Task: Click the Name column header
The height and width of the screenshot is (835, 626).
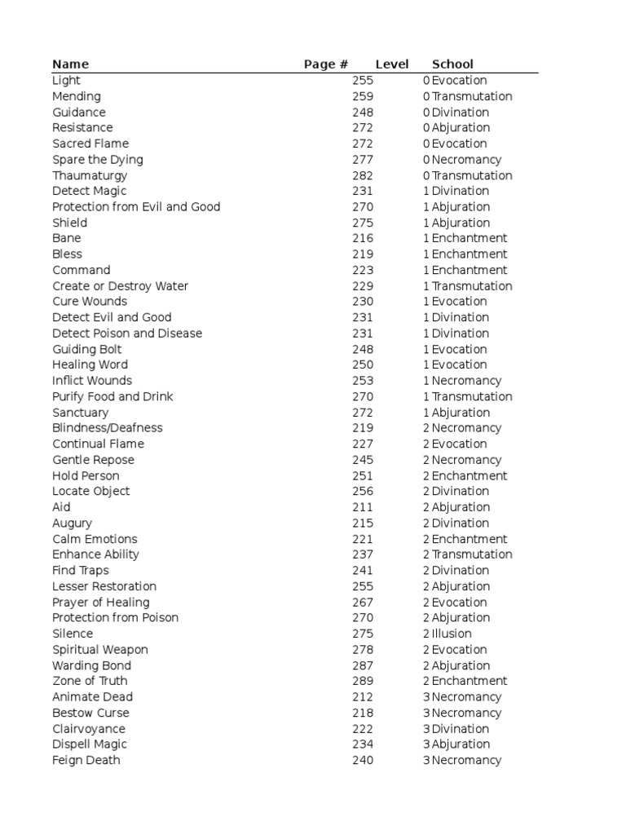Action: pyautogui.click(x=70, y=64)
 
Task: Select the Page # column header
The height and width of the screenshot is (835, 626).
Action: pyautogui.click(x=326, y=64)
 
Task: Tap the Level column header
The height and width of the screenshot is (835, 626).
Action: pyautogui.click(x=392, y=64)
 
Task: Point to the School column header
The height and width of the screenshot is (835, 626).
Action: pyautogui.click(x=452, y=64)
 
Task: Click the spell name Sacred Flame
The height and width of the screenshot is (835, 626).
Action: pyautogui.click(x=90, y=144)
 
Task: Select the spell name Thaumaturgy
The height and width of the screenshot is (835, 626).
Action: pyautogui.click(x=90, y=175)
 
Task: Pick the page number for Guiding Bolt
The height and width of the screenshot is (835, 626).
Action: pyautogui.click(x=363, y=349)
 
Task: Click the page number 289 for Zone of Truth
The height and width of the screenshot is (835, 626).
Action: pyautogui.click(x=363, y=681)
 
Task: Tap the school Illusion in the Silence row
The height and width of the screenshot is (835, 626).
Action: pyautogui.click(x=452, y=634)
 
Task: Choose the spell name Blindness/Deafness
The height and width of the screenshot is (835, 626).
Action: pyautogui.click(x=108, y=428)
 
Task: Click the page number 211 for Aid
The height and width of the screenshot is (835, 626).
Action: pyautogui.click(x=363, y=507)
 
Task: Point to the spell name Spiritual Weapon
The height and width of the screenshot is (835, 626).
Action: pyautogui.click(x=100, y=650)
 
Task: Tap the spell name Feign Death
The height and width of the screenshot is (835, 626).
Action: pyautogui.click(x=86, y=760)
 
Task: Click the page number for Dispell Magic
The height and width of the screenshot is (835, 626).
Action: pyautogui.click(x=363, y=744)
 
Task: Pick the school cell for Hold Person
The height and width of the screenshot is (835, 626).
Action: pyautogui.click(x=469, y=476)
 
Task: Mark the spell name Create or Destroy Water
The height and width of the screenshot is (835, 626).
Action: pyautogui.click(x=121, y=286)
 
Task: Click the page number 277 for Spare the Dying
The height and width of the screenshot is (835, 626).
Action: pyautogui.click(x=363, y=160)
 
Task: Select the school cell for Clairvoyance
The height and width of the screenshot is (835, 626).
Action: pyautogui.click(x=461, y=729)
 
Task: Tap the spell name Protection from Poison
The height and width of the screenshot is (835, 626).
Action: pyautogui.click(x=116, y=618)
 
